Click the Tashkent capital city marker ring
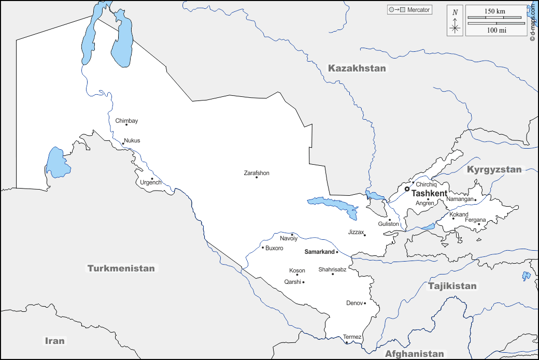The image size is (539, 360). tap(407, 189)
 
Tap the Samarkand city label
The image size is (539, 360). tap(319, 252)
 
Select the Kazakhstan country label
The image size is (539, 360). tap(357, 68)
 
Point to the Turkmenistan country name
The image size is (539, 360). tap(121, 268)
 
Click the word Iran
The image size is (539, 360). tap(54, 340)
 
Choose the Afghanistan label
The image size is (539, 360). tap(414, 354)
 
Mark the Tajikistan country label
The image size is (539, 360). tap(452, 286)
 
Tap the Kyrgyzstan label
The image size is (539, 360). tap(494, 169)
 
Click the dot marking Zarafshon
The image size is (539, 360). tap(257, 178)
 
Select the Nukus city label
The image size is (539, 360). tap(132, 140)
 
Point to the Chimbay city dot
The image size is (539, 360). tap(126, 125)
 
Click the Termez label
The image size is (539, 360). tap(352, 337)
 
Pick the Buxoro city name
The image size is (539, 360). tap(274, 248)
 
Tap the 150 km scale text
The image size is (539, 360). tap(495, 11)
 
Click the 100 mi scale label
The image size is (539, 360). tap(495, 30)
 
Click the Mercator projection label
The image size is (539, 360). tap(419, 10)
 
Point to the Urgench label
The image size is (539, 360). tap(151, 182)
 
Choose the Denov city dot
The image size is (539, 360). tap(365, 303)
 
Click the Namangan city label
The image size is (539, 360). tap(460, 199)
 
